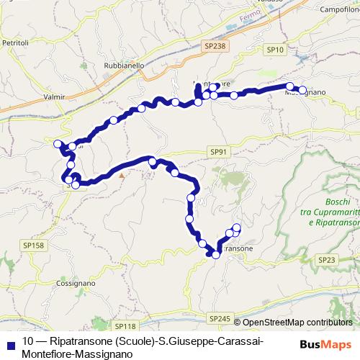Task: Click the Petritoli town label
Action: point(14,43)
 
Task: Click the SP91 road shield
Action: point(220,151)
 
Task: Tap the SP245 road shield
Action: point(220,318)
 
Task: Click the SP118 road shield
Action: point(125,326)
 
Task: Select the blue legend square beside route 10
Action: point(9,341)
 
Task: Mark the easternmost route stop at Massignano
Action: point(302,91)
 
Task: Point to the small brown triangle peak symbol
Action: point(122,175)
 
